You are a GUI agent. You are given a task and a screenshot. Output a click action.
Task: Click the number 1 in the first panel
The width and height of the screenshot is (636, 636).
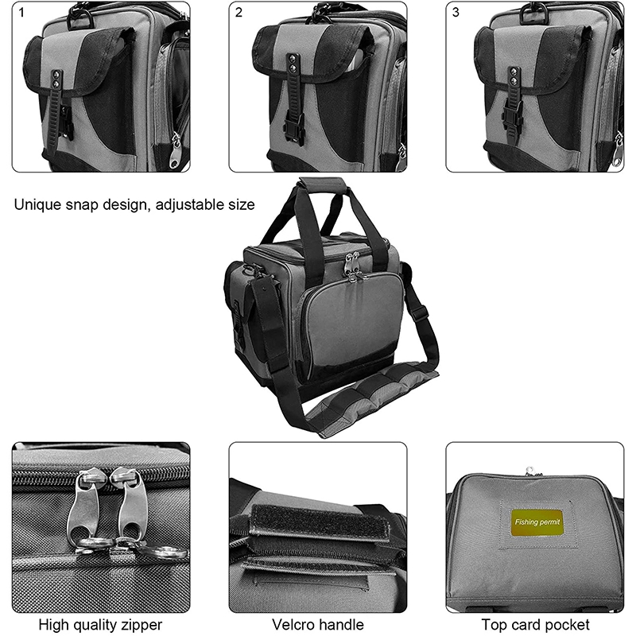click(x=21, y=13)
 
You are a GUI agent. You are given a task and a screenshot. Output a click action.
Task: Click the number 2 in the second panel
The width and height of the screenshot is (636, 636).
click(x=238, y=13)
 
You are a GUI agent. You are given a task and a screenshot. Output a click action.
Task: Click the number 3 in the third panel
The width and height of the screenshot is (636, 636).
click(x=456, y=13)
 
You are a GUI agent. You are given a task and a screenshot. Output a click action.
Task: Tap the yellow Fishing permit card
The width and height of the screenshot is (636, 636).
click(x=537, y=522)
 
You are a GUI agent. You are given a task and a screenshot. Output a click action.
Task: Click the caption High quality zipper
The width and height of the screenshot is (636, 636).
click(x=100, y=625)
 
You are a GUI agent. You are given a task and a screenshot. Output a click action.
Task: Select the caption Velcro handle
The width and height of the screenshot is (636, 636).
click(x=317, y=625)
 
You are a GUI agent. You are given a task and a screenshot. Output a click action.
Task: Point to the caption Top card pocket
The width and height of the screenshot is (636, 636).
click(x=535, y=625)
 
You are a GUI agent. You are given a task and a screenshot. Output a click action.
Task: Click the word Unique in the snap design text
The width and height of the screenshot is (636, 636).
click(x=37, y=204)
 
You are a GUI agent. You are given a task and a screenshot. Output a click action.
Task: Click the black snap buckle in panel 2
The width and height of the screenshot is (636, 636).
click(x=294, y=128)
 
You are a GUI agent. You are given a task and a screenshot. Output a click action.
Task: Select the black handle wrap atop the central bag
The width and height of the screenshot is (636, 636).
click(x=322, y=186)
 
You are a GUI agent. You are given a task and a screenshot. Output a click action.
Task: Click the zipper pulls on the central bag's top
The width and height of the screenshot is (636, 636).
click(x=353, y=268)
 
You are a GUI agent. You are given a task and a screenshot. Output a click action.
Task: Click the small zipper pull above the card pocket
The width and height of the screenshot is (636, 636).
click(x=529, y=471)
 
